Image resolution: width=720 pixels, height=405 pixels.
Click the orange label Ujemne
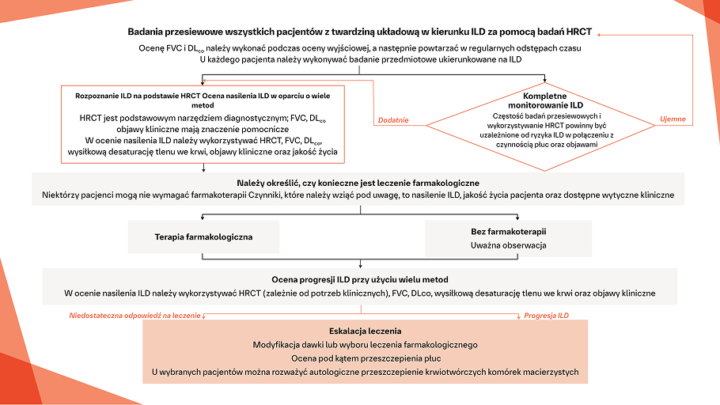pos(673,119)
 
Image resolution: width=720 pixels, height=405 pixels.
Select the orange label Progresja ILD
pos(546,316)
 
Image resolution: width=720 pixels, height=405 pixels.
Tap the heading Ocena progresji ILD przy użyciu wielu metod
pos(360,279)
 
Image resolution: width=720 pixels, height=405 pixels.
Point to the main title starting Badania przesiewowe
pos(360,32)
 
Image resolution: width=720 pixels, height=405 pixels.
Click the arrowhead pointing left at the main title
pos(599,33)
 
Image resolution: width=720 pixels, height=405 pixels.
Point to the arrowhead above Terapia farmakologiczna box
pos(204,216)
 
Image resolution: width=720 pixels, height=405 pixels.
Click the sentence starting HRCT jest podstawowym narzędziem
pos(203,118)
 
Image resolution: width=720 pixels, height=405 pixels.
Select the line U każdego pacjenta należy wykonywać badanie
pos(360,59)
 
